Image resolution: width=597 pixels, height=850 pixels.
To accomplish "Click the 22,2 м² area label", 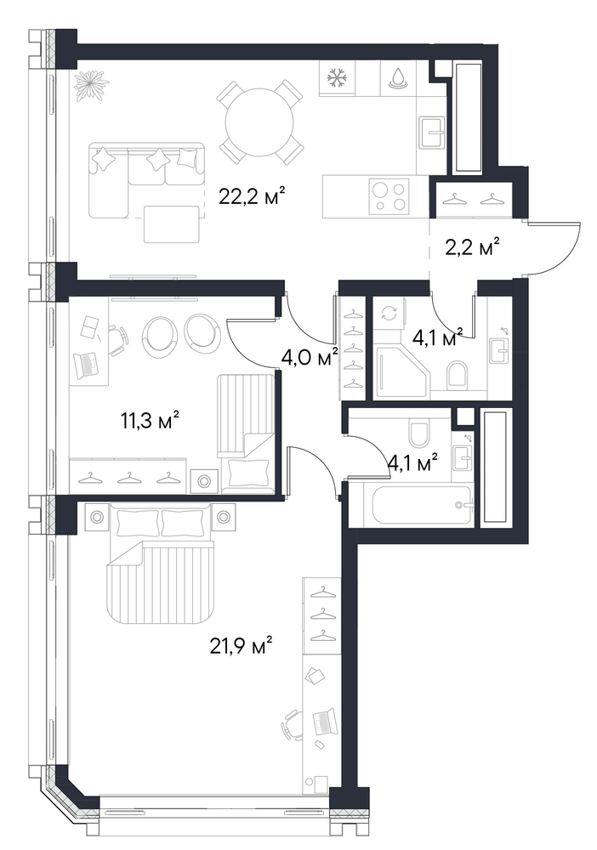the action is click(x=252, y=195).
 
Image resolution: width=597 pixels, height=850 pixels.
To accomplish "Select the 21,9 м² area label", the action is click(x=240, y=646).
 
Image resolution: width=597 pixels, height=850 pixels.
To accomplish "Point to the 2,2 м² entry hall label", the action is click(x=469, y=249).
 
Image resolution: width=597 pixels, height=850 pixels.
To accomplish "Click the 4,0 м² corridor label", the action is click(x=309, y=357).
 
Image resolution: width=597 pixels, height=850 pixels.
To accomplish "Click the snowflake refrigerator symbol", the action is click(x=337, y=78).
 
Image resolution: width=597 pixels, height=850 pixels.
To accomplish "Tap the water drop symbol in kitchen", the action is click(x=399, y=77).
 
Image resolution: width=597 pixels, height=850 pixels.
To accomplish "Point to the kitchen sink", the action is click(x=432, y=131).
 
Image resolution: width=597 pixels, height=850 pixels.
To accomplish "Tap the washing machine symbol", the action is click(x=389, y=314).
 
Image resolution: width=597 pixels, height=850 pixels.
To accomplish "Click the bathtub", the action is click(x=421, y=505).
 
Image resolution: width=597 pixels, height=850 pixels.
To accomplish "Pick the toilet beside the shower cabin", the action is click(x=458, y=375).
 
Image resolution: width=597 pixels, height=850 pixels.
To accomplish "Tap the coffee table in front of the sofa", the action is click(x=171, y=224).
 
